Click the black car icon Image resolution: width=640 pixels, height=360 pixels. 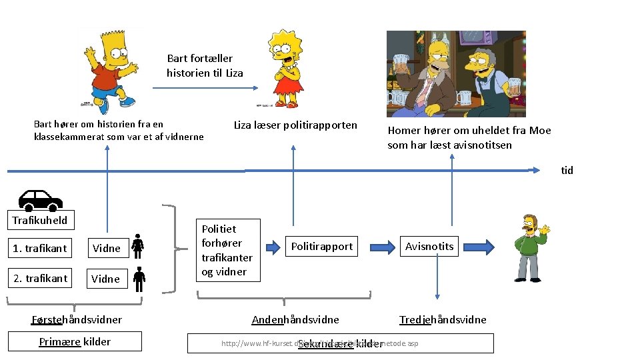(40, 199)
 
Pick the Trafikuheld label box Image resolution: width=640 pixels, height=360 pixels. (40, 220)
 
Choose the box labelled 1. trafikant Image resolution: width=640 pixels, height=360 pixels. (40, 248)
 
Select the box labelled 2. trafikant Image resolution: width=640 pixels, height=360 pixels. (40, 278)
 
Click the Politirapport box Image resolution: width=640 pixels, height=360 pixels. (322, 246)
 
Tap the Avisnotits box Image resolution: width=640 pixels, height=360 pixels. (429, 246)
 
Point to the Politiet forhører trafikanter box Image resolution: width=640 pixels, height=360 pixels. (227, 250)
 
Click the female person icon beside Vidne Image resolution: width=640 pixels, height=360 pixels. (138, 247)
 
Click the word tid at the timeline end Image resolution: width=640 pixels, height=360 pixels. (567, 170)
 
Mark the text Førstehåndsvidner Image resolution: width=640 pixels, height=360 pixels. (77, 319)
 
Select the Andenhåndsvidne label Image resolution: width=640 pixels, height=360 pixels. (295, 319)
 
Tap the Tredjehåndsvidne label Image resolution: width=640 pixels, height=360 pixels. (443, 319)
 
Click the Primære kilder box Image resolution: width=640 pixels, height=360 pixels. (75, 341)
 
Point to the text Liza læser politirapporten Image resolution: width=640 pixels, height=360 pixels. (295, 125)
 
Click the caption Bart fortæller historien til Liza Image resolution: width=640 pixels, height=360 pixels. (205, 65)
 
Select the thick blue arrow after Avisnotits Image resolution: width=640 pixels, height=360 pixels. (485, 246)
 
